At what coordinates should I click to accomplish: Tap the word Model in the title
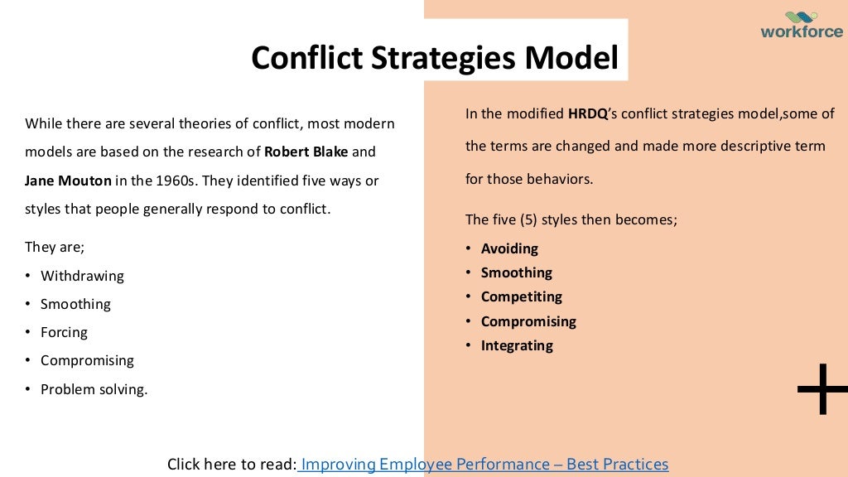pos(571,59)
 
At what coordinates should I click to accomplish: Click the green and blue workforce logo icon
pos(801,17)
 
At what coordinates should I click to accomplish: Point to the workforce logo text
pos(801,33)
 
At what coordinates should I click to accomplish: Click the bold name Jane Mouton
pos(68,181)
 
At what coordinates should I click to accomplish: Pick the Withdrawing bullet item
pos(82,276)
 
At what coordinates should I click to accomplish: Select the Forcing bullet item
pos(64,332)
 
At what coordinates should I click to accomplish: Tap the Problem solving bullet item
pos(94,388)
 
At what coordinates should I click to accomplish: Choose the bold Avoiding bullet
pos(509,248)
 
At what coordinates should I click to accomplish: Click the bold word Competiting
pos(521,296)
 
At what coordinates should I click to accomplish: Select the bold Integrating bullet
pos(517,345)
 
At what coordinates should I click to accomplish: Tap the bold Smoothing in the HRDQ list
pos(516,272)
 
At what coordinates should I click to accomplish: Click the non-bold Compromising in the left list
pos(87,360)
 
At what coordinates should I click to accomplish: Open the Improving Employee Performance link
pos(484,465)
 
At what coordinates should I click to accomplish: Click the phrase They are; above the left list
pos(55,247)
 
